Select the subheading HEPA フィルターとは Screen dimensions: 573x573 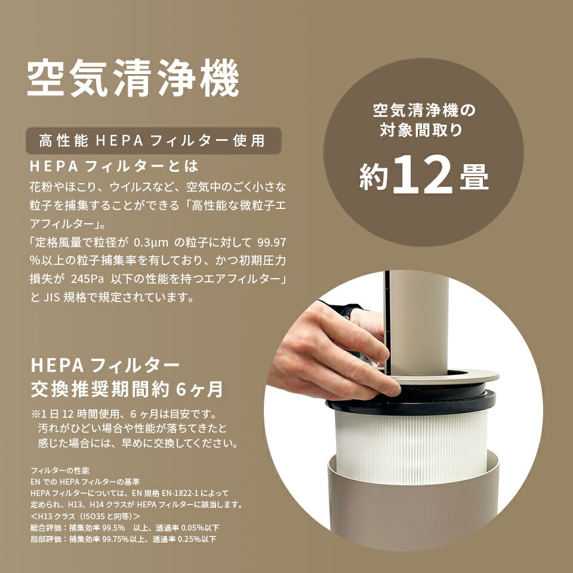point(113,165)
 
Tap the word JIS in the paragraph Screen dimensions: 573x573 point(55,297)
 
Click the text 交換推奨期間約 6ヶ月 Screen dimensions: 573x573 point(127,389)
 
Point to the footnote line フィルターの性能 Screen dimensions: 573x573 point(60,471)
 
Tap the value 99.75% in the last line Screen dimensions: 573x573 point(115,539)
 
